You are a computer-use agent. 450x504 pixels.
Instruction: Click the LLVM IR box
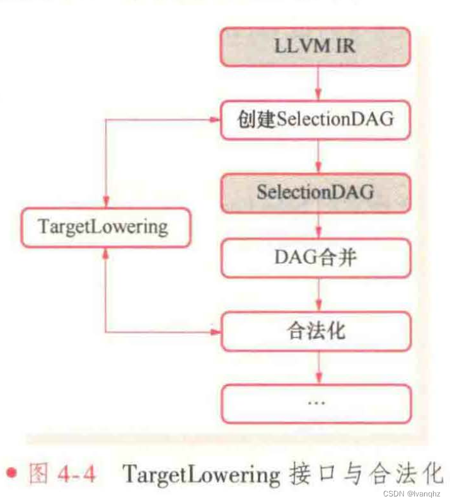(x=316, y=47)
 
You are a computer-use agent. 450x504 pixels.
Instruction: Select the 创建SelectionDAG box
(x=316, y=118)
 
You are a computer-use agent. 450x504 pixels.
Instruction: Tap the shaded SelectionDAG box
(x=316, y=192)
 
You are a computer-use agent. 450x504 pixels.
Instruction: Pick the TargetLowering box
(x=104, y=227)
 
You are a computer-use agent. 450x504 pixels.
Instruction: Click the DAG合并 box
(x=316, y=258)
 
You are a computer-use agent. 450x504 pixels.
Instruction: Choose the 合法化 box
(x=316, y=331)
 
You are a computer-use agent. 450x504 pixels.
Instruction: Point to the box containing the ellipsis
(x=316, y=403)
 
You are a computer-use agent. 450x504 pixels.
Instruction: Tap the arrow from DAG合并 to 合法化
(x=317, y=295)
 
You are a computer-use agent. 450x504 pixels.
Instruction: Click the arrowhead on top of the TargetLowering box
(x=105, y=202)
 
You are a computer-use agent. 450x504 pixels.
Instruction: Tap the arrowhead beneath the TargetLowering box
(x=105, y=251)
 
